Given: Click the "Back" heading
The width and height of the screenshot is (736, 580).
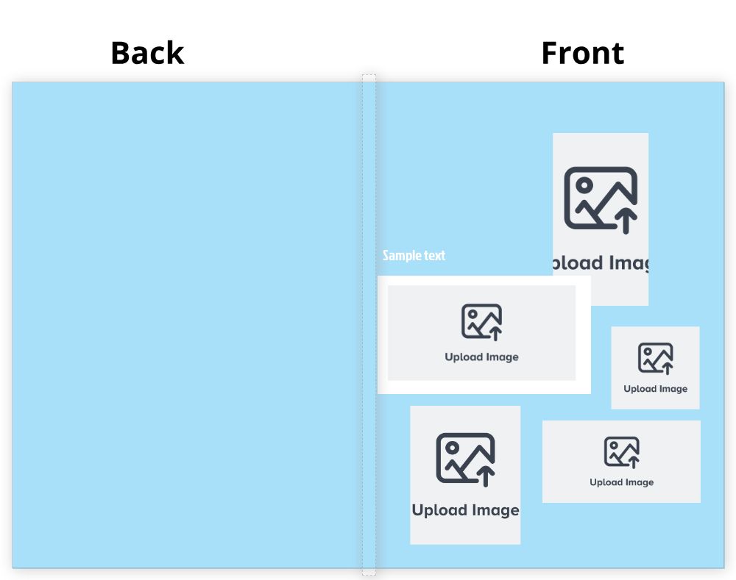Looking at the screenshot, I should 147,54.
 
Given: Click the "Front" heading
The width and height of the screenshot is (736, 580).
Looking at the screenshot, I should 582,54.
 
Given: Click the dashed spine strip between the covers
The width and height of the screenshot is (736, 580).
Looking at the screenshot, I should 369,323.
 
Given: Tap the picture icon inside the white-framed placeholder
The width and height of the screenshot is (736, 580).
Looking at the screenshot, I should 481,322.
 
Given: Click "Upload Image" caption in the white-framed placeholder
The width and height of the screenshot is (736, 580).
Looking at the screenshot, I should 481,357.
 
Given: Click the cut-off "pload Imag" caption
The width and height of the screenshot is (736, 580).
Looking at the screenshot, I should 601,263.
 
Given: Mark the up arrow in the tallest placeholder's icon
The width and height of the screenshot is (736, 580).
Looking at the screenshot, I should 626,220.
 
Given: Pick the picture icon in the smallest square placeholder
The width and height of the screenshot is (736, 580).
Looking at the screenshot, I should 655,358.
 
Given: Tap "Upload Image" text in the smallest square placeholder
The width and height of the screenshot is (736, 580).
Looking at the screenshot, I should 655,389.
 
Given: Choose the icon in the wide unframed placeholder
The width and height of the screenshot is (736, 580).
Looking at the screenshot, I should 621,451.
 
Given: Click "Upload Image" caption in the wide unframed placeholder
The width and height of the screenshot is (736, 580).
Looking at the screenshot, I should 621,483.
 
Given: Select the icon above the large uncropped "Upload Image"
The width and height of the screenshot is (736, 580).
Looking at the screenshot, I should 465,458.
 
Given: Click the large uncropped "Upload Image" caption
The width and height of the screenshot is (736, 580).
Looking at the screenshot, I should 465,510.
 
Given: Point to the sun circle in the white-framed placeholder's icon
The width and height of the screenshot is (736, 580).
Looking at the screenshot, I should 473,315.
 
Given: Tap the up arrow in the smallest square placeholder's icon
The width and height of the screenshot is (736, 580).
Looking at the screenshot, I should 668,368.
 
